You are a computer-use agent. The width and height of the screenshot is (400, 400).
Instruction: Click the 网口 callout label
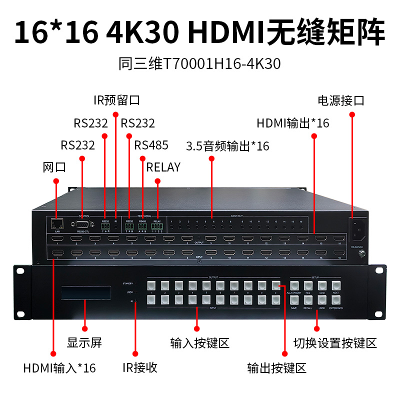pos(54,167)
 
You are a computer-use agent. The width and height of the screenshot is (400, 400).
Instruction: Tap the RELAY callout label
pos(163,167)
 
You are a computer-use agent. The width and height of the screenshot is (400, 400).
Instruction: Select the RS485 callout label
pos(151,145)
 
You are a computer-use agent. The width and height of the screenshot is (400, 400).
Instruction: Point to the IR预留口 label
pos(116,100)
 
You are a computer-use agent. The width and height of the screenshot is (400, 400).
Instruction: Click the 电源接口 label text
pos(341,100)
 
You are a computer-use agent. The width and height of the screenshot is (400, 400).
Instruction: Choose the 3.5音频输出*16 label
pos(227,146)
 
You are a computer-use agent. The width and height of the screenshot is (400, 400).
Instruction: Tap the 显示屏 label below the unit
pos(84,342)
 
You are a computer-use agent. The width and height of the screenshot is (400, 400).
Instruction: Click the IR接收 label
pos(140,367)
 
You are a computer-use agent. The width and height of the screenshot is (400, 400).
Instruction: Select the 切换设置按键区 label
pos(334,342)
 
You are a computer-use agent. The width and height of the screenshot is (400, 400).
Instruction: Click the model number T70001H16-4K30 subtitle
pos(199,63)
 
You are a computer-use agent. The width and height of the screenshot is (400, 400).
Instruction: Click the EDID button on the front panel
pos(321,286)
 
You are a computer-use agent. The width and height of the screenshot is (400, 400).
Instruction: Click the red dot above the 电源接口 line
pos(352,114)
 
